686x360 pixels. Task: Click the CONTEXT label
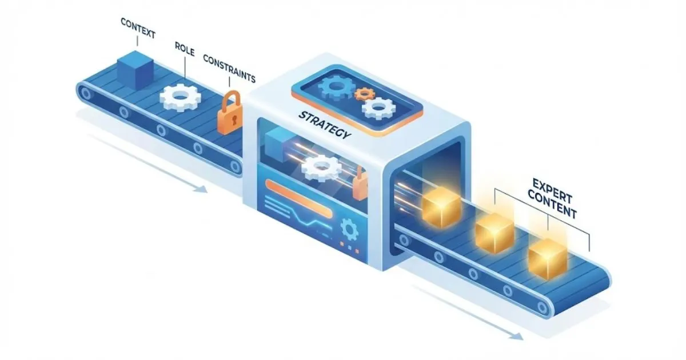click(x=137, y=23)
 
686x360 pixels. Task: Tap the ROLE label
click(x=184, y=53)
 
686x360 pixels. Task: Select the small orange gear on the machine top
click(x=362, y=93)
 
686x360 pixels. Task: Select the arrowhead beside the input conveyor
click(x=201, y=189)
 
